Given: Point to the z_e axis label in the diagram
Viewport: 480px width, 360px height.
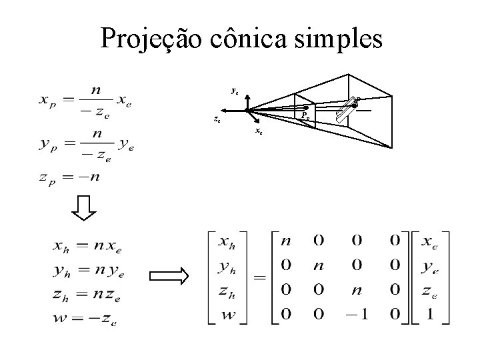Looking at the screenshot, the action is click(x=217, y=121).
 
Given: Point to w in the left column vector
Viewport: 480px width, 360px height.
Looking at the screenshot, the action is click(x=228, y=313).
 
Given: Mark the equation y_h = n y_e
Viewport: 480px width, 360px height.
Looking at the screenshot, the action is click(x=87, y=270).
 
